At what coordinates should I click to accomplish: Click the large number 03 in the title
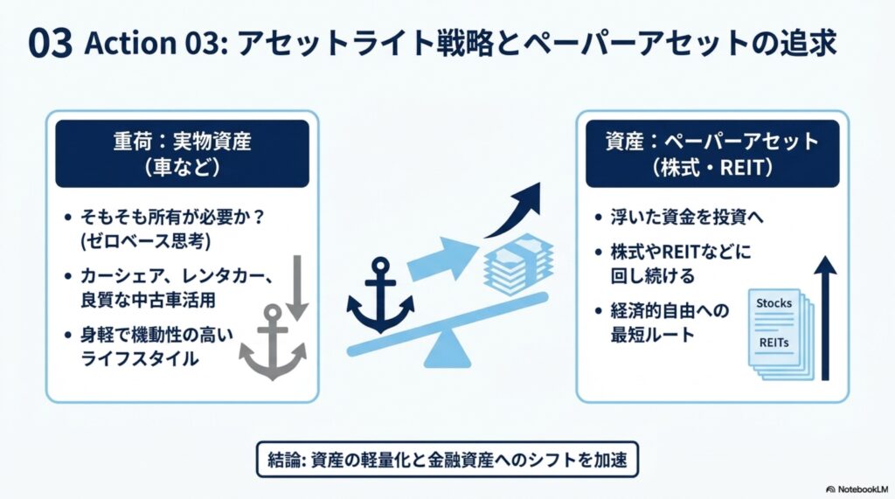click(50, 44)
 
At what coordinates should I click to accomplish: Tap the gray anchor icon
click(273, 342)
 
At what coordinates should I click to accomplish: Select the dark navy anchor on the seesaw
click(380, 295)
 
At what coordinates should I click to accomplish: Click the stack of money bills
click(518, 263)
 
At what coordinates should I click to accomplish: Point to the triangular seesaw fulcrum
click(447, 350)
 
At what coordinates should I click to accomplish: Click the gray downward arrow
click(297, 288)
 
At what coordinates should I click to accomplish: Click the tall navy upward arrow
click(825, 319)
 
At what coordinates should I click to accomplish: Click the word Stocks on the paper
click(774, 303)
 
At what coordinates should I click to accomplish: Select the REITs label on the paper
click(774, 343)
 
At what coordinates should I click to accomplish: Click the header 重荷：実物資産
click(182, 141)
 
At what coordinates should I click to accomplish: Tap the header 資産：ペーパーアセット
click(712, 141)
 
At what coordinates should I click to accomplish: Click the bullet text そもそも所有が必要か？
click(172, 217)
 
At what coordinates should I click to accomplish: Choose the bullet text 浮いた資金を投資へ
click(687, 217)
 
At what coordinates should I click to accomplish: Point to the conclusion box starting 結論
click(447, 459)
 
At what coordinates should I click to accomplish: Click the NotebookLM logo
click(857, 489)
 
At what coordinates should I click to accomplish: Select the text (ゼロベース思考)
click(146, 241)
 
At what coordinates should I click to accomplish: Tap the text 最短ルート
click(652, 335)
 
